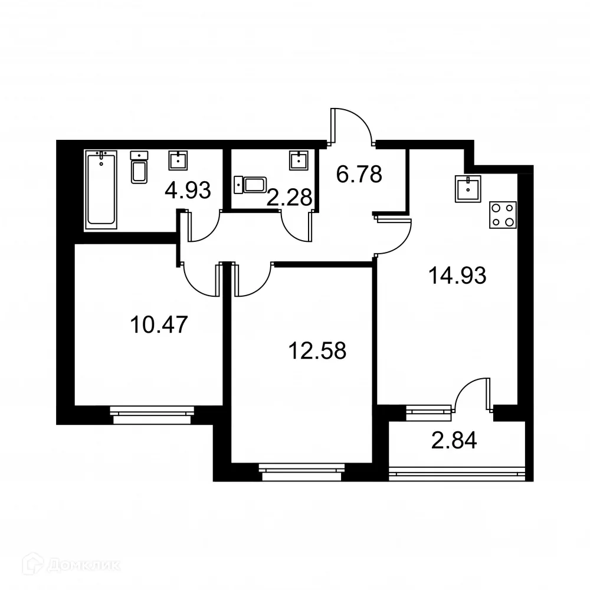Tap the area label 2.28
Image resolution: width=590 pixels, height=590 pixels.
click(x=289, y=198)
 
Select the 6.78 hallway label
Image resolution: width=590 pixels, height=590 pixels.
click(x=359, y=175)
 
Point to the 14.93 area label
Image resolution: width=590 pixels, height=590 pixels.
click(x=458, y=275)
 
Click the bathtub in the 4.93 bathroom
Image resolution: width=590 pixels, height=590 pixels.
click(x=101, y=188)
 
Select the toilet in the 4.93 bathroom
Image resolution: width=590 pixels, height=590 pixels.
click(x=139, y=168)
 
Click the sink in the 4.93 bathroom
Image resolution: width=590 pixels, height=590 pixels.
click(x=179, y=160)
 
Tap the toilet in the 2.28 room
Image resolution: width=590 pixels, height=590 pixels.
click(x=251, y=184)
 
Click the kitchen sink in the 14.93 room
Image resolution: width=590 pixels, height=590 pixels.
click(x=468, y=189)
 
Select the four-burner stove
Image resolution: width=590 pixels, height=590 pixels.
click(x=503, y=215)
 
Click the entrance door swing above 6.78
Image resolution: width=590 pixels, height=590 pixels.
click(x=352, y=125)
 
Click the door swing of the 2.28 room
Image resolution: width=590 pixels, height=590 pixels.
click(x=297, y=227)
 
